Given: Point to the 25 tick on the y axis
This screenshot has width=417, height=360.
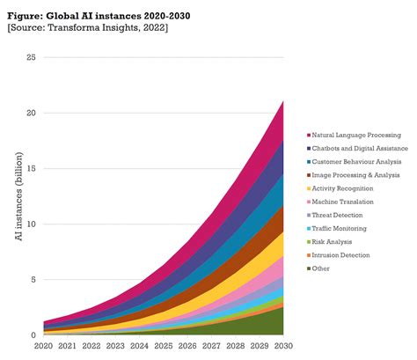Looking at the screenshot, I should (x=31, y=57).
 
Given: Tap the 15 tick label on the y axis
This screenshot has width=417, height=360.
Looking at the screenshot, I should (x=31, y=168).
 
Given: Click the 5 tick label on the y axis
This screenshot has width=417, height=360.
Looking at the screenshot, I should (x=33, y=280).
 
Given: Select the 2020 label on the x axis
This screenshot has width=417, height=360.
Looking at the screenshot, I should (x=43, y=348).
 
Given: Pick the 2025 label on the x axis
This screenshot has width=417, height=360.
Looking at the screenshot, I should (x=163, y=348).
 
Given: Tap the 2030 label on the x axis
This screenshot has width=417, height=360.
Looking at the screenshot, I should (x=282, y=348).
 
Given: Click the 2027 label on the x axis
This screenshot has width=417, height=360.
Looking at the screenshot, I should (x=211, y=348).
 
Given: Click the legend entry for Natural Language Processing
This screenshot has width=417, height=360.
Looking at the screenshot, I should (x=356, y=135).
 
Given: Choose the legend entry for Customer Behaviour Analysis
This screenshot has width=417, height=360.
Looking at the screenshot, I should (x=357, y=162).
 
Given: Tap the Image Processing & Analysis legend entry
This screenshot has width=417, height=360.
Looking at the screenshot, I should (x=356, y=175).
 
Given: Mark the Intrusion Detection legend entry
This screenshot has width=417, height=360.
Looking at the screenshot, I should (x=345, y=254).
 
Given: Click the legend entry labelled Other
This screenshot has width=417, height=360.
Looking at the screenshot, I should (x=324, y=268).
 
